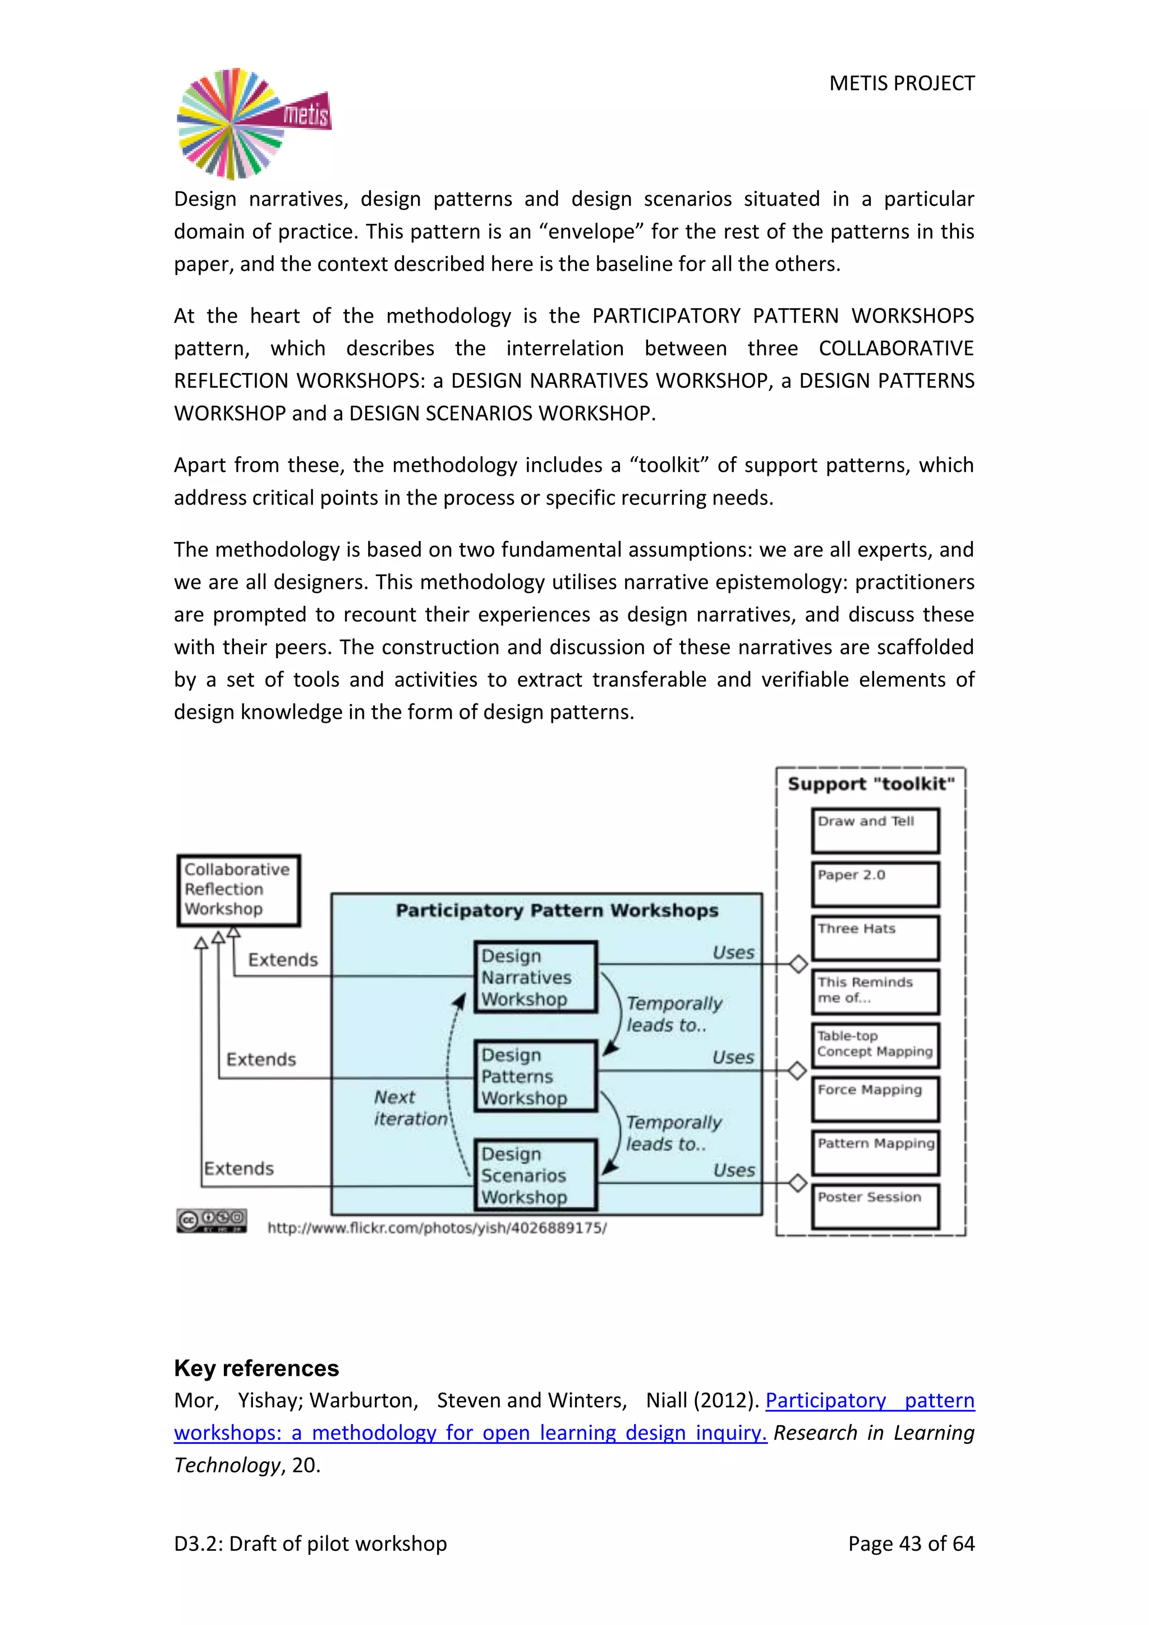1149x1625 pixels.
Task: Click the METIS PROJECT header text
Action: pos(902,84)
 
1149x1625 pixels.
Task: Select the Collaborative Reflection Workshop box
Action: pos(238,889)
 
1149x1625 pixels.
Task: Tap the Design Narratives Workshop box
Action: pos(536,977)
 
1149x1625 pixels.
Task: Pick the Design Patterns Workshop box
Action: pos(536,1076)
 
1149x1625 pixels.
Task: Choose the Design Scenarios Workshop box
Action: pos(536,1175)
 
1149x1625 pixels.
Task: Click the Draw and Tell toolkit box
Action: pos(875,830)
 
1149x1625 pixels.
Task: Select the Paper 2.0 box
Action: pos(875,884)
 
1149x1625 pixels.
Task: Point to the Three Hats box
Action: pos(875,938)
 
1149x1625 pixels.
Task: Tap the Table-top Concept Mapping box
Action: pos(875,1045)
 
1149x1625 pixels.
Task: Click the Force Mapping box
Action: pos(875,1099)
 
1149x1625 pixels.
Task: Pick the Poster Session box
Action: pos(875,1206)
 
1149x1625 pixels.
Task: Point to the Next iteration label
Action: pos(410,1108)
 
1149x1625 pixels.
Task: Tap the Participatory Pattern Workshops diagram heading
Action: pos(557,910)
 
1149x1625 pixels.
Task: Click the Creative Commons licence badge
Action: pos(212,1220)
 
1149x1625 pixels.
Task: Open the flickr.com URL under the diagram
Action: pos(436,1228)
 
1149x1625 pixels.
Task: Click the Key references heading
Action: pos(256,1368)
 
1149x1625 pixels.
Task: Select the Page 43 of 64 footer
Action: pos(911,1543)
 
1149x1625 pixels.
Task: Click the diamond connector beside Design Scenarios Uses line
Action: pos(797,1183)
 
